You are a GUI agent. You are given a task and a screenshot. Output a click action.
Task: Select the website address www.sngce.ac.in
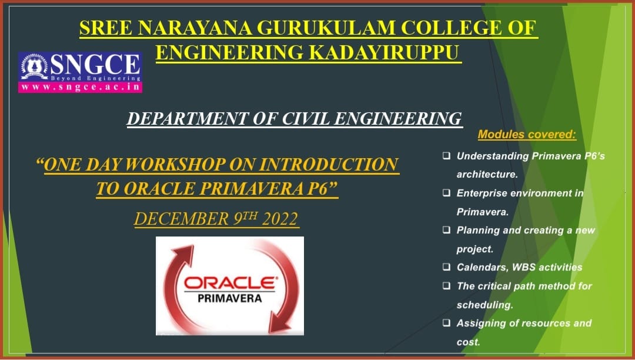tap(80, 87)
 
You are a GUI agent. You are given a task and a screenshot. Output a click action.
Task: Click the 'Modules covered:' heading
tap(527, 135)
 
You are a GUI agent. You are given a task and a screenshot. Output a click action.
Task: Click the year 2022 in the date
tap(280, 219)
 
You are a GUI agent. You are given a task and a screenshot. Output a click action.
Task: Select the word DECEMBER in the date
tap(181, 219)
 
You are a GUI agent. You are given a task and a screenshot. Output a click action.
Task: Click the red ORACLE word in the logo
tap(229, 283)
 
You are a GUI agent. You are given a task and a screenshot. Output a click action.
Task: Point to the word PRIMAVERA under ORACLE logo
tap(230, 298)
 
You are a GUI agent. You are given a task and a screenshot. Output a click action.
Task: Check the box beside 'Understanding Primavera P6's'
tap(446, 155)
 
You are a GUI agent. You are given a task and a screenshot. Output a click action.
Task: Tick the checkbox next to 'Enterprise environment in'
tap(446, 193)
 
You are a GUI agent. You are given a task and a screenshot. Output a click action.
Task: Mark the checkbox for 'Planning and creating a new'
tap(446, 230)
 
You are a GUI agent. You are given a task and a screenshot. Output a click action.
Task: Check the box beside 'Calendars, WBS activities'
tap(446, 267)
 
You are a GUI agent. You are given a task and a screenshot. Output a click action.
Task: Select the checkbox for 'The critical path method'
tap(446, 286)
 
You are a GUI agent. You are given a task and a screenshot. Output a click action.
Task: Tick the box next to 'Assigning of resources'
tap(446, 323)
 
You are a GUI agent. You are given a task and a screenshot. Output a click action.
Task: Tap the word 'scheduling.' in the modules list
tap(484, 305)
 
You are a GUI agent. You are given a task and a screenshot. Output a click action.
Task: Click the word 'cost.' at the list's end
tap(468, 342)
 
